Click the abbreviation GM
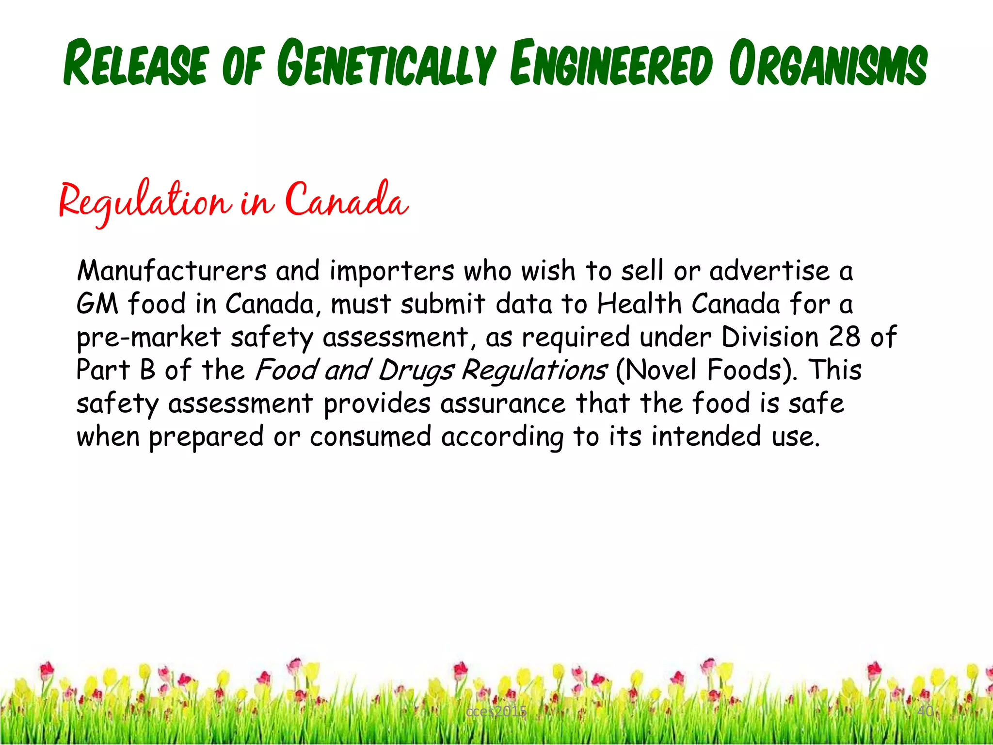point(97,304)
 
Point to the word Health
point(639,304)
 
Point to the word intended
point(706,436)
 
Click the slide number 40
point(925,711)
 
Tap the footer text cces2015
point(496,712)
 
